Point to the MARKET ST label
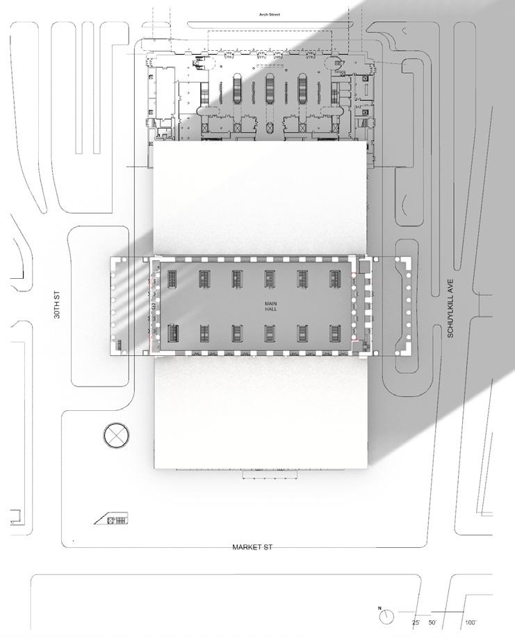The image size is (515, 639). pos(252,547)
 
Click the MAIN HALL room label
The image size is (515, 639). pos(270,307)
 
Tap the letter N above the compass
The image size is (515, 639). pos(380,608)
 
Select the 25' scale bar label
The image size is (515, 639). pos(416,622)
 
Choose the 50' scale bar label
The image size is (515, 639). pos(432,622)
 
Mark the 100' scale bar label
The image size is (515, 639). pos(471,622)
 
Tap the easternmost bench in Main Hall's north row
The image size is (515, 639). pos(335,279)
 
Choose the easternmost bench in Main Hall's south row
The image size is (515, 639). pos(335,333)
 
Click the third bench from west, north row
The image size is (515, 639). pos(237,279)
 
